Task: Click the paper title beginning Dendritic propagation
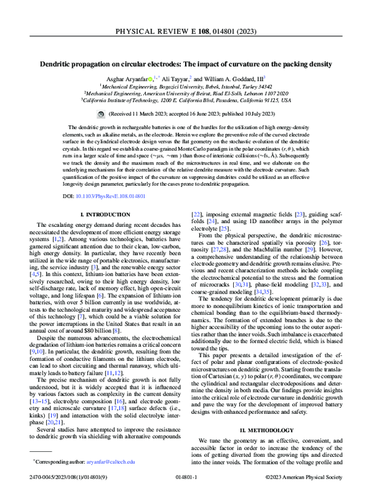pyautogui.click(x=187, y=64)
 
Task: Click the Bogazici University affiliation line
pyautogui.click(x=187, y=86)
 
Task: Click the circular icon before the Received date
pyautogui.click(x=102, y=115)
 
